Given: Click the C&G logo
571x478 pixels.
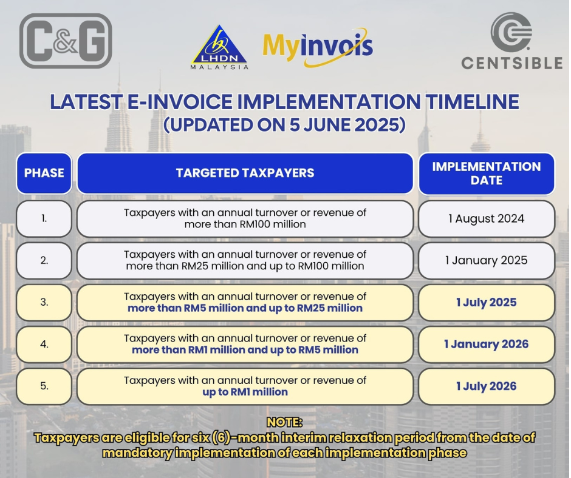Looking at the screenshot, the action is click(x=66, y=41).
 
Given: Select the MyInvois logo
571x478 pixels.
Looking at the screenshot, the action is click(x=318, y=47).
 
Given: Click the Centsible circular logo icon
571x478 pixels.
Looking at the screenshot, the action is click(x=511, y=32).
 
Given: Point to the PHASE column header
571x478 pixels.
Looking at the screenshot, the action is click(x=44, y=173).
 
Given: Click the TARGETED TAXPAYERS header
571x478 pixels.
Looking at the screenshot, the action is click(x=245, y=173).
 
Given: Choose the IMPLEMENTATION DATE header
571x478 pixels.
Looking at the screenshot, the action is click(x=487, y=173).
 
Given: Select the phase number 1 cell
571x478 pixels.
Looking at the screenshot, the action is click(x=44, y=218).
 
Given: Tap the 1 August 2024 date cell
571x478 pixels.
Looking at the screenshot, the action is click(x=487, y=218).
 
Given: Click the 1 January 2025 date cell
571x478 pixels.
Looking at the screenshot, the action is click(x=487, y=260).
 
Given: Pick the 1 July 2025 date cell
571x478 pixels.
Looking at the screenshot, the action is click(x=487, y=302).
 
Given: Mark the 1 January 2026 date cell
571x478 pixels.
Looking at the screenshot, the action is click(x=487, y=344).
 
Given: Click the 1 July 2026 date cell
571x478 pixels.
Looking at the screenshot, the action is click(x=487, y=386).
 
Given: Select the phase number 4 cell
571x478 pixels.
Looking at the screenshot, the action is click(x=44, y=344).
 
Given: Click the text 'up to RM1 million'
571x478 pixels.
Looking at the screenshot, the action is click(x=245, y=392).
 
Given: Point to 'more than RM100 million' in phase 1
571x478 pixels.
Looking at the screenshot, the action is click(x=245, y=224).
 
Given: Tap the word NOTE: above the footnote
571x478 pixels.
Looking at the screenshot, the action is click(x=284, y=422).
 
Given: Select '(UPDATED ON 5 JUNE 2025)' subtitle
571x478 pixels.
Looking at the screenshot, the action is click(x=284, y=125).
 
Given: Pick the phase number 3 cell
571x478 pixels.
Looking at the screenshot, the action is click(x=44, y=302).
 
